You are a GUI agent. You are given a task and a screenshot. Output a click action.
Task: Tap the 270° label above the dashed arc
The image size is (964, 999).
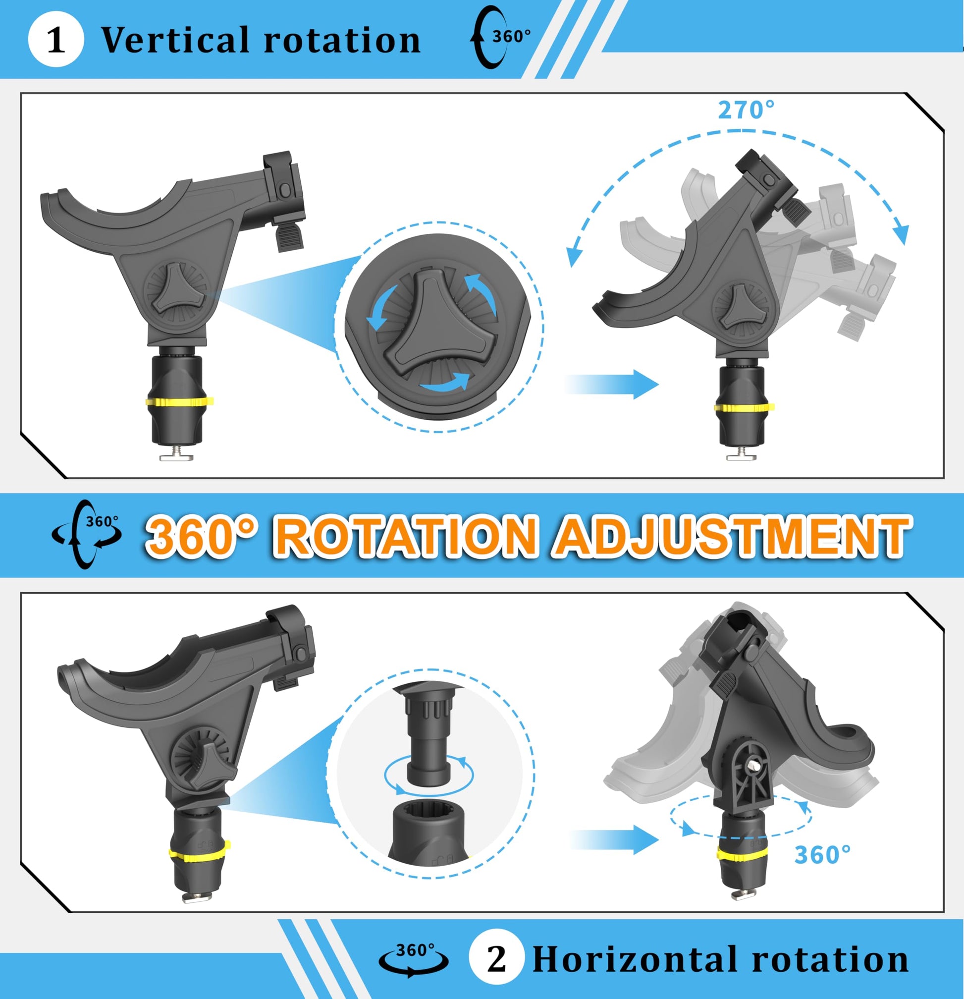746,110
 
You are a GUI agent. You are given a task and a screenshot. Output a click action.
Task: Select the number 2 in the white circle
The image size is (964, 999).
496,959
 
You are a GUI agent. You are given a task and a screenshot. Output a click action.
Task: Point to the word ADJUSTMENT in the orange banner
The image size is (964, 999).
730,536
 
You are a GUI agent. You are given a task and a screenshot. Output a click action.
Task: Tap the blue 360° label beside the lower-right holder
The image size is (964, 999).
822,855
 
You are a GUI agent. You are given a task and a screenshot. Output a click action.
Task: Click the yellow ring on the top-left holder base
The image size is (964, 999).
179,401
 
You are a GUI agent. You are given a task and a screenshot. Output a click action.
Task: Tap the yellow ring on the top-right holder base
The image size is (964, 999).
745,407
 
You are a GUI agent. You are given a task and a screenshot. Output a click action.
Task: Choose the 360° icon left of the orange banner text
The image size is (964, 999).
86,534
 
